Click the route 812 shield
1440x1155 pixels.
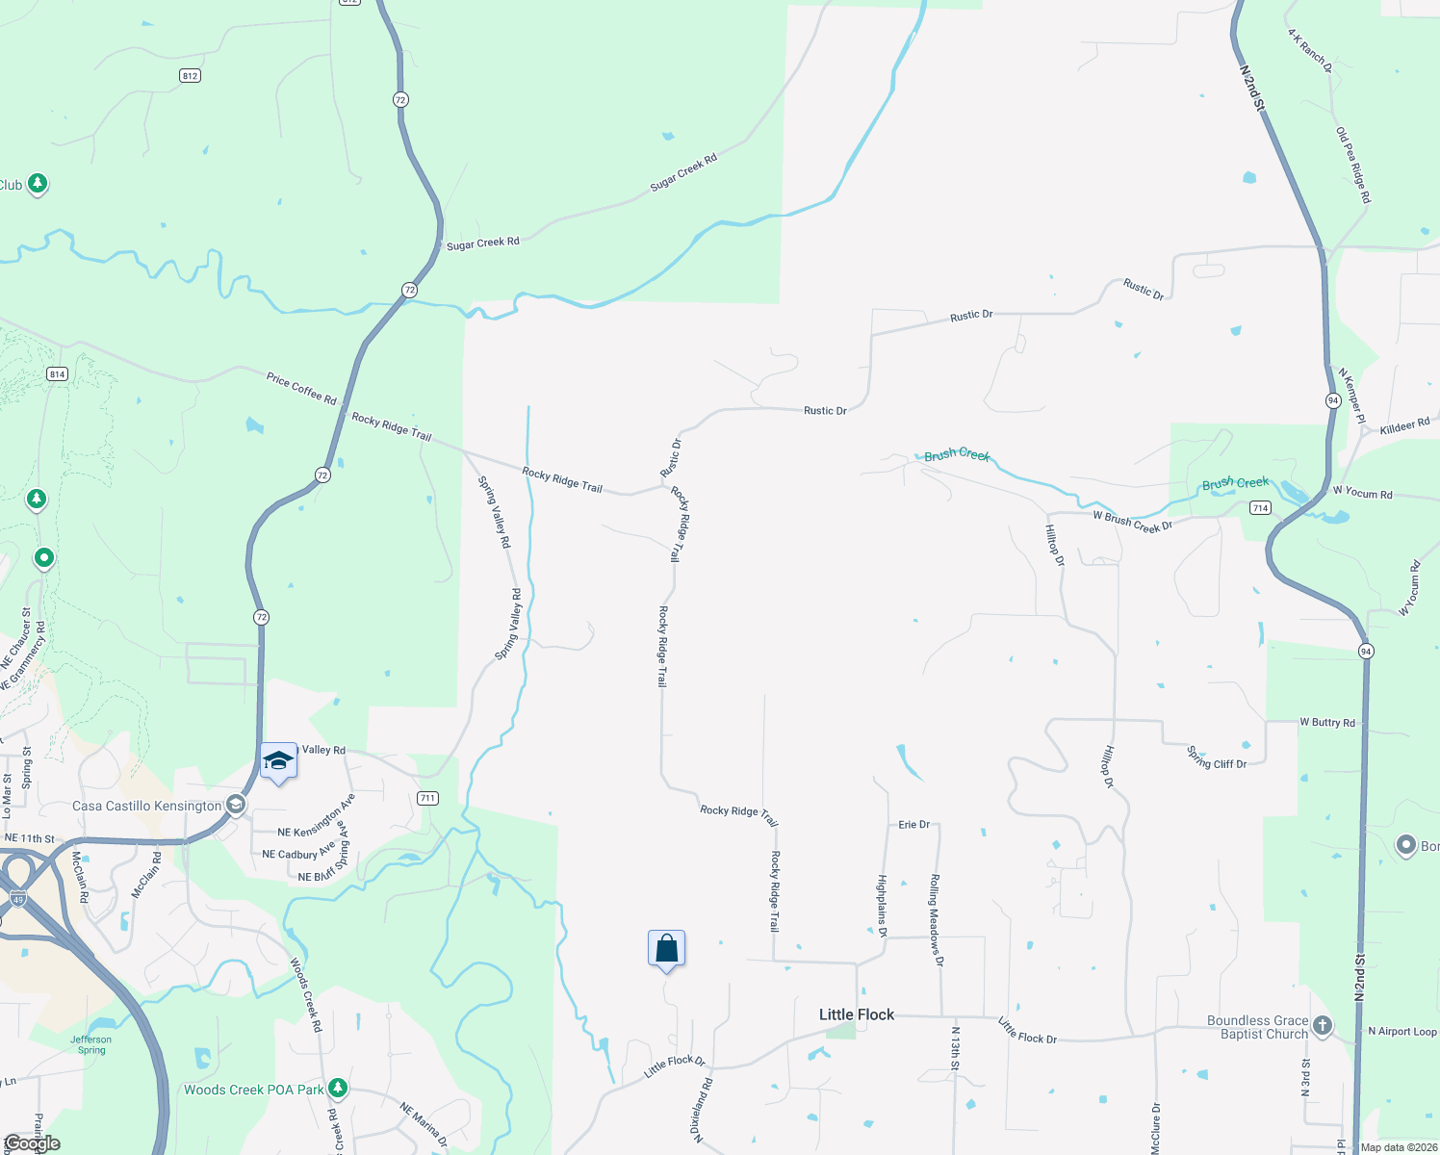190,75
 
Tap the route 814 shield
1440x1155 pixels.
57,373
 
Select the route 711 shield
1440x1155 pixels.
427,798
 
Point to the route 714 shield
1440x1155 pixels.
1260,507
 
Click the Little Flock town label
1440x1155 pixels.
856,1014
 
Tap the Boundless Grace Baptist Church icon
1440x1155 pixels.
1323,1026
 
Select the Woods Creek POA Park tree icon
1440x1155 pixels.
337,1089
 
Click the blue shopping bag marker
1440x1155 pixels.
666,949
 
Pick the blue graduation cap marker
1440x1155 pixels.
278,761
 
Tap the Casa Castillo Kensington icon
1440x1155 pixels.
236,805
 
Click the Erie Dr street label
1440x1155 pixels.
913,825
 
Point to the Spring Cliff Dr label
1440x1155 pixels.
1217,758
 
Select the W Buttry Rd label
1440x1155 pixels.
1326,722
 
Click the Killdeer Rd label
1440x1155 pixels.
1404,425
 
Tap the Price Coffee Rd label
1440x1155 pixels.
301,388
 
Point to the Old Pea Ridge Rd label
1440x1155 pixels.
1352,165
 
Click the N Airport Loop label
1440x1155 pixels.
1401,1031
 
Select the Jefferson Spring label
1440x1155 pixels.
91,1044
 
